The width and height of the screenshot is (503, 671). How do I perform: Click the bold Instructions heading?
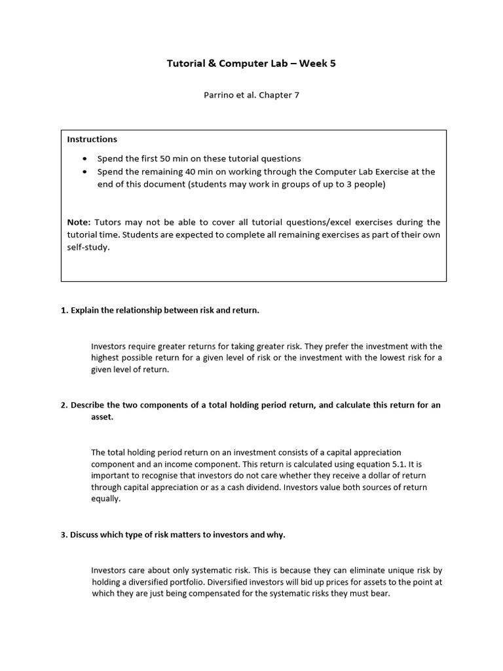92,139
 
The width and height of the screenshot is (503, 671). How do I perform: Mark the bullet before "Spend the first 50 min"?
85,159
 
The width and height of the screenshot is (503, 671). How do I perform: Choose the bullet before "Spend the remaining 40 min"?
85,172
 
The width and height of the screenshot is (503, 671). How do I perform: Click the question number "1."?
64,311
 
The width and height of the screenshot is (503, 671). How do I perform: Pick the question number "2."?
64,405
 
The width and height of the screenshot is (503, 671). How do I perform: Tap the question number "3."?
64,535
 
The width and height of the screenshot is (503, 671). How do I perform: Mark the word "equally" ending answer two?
105,499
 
